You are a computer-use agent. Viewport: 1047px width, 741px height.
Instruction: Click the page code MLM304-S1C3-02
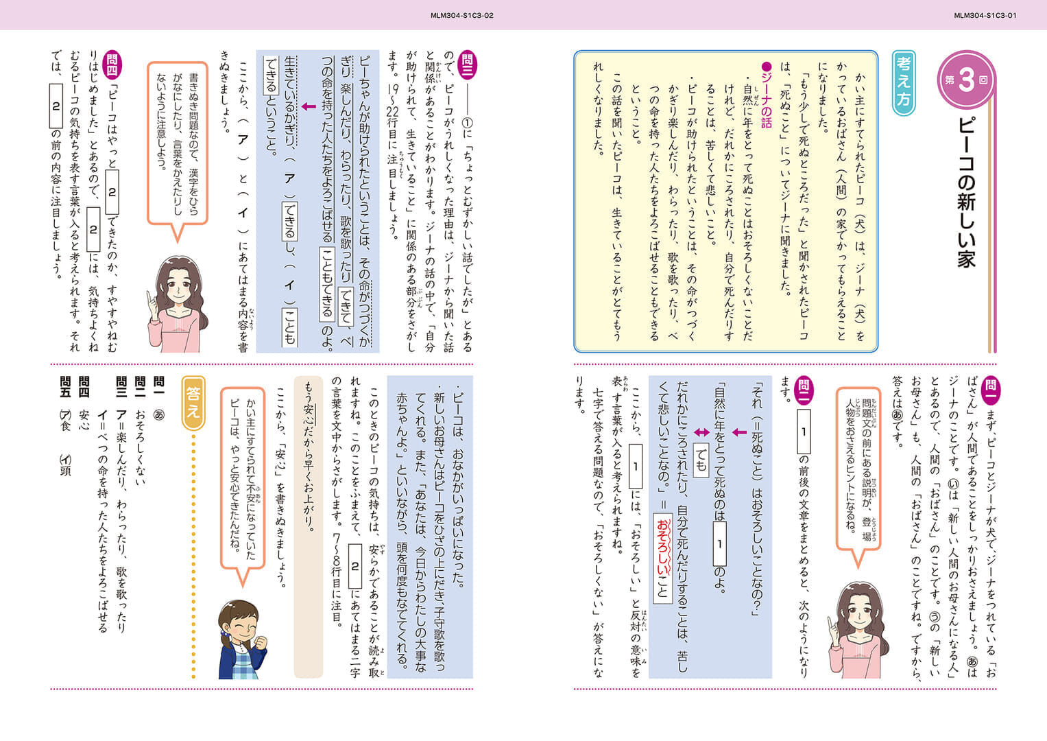tap(462, 15)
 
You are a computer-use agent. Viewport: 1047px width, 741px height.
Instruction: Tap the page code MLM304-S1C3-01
tap(985, 15)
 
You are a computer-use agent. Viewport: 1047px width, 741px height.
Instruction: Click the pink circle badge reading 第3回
tap(965, 80)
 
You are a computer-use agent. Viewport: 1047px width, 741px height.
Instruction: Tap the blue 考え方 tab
tap(903, 82)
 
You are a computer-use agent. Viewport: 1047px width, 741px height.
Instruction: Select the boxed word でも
tap(701, 460)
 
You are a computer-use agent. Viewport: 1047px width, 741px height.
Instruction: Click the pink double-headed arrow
tap(701, 432)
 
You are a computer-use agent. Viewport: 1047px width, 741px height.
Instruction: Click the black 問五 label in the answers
tap(66, 386)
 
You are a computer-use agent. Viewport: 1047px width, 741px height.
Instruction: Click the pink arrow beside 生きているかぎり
tap(309, 106)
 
